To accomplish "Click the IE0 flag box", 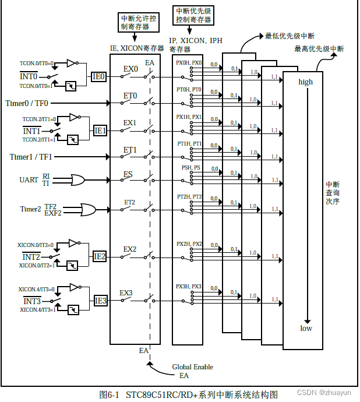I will tap(98, 76).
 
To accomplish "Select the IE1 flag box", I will tap(100, 131).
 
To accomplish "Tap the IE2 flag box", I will tap(100, 256).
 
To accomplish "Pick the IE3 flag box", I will tap(100, 301).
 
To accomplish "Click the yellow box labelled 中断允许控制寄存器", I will tap(134, 22).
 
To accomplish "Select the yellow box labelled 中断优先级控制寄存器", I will tap(193, 16).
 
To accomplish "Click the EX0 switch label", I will tap(130, 69).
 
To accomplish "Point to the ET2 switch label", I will tap(129, 202).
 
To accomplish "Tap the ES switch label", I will tap(129, 174).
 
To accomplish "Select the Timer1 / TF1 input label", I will tap(31, 157).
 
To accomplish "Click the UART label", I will tap(29, 180).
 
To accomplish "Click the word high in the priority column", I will tap(305, 82).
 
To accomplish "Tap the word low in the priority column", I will tap(306, 328).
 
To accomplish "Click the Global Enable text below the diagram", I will tap(192, 367).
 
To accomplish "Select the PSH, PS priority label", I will tap(189, 167).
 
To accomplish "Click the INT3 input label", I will tap(31, 301).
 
